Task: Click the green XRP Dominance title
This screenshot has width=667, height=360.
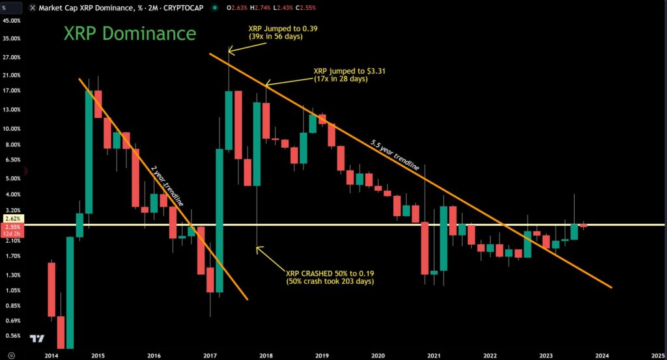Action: click(x=129, y=33)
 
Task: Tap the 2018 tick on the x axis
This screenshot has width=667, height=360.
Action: click(x=265, y=355)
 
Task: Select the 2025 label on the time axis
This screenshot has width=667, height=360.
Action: click(x=657, y=355)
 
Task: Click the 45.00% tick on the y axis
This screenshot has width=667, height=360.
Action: click(x=12, y=21)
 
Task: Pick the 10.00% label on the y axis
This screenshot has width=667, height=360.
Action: click(x=12, y=128)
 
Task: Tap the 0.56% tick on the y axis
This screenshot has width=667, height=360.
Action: click(x=12, y=336)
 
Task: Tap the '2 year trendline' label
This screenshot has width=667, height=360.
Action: click(x=167, y=186)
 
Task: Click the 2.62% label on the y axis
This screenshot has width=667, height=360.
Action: click(x=12, y=219)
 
